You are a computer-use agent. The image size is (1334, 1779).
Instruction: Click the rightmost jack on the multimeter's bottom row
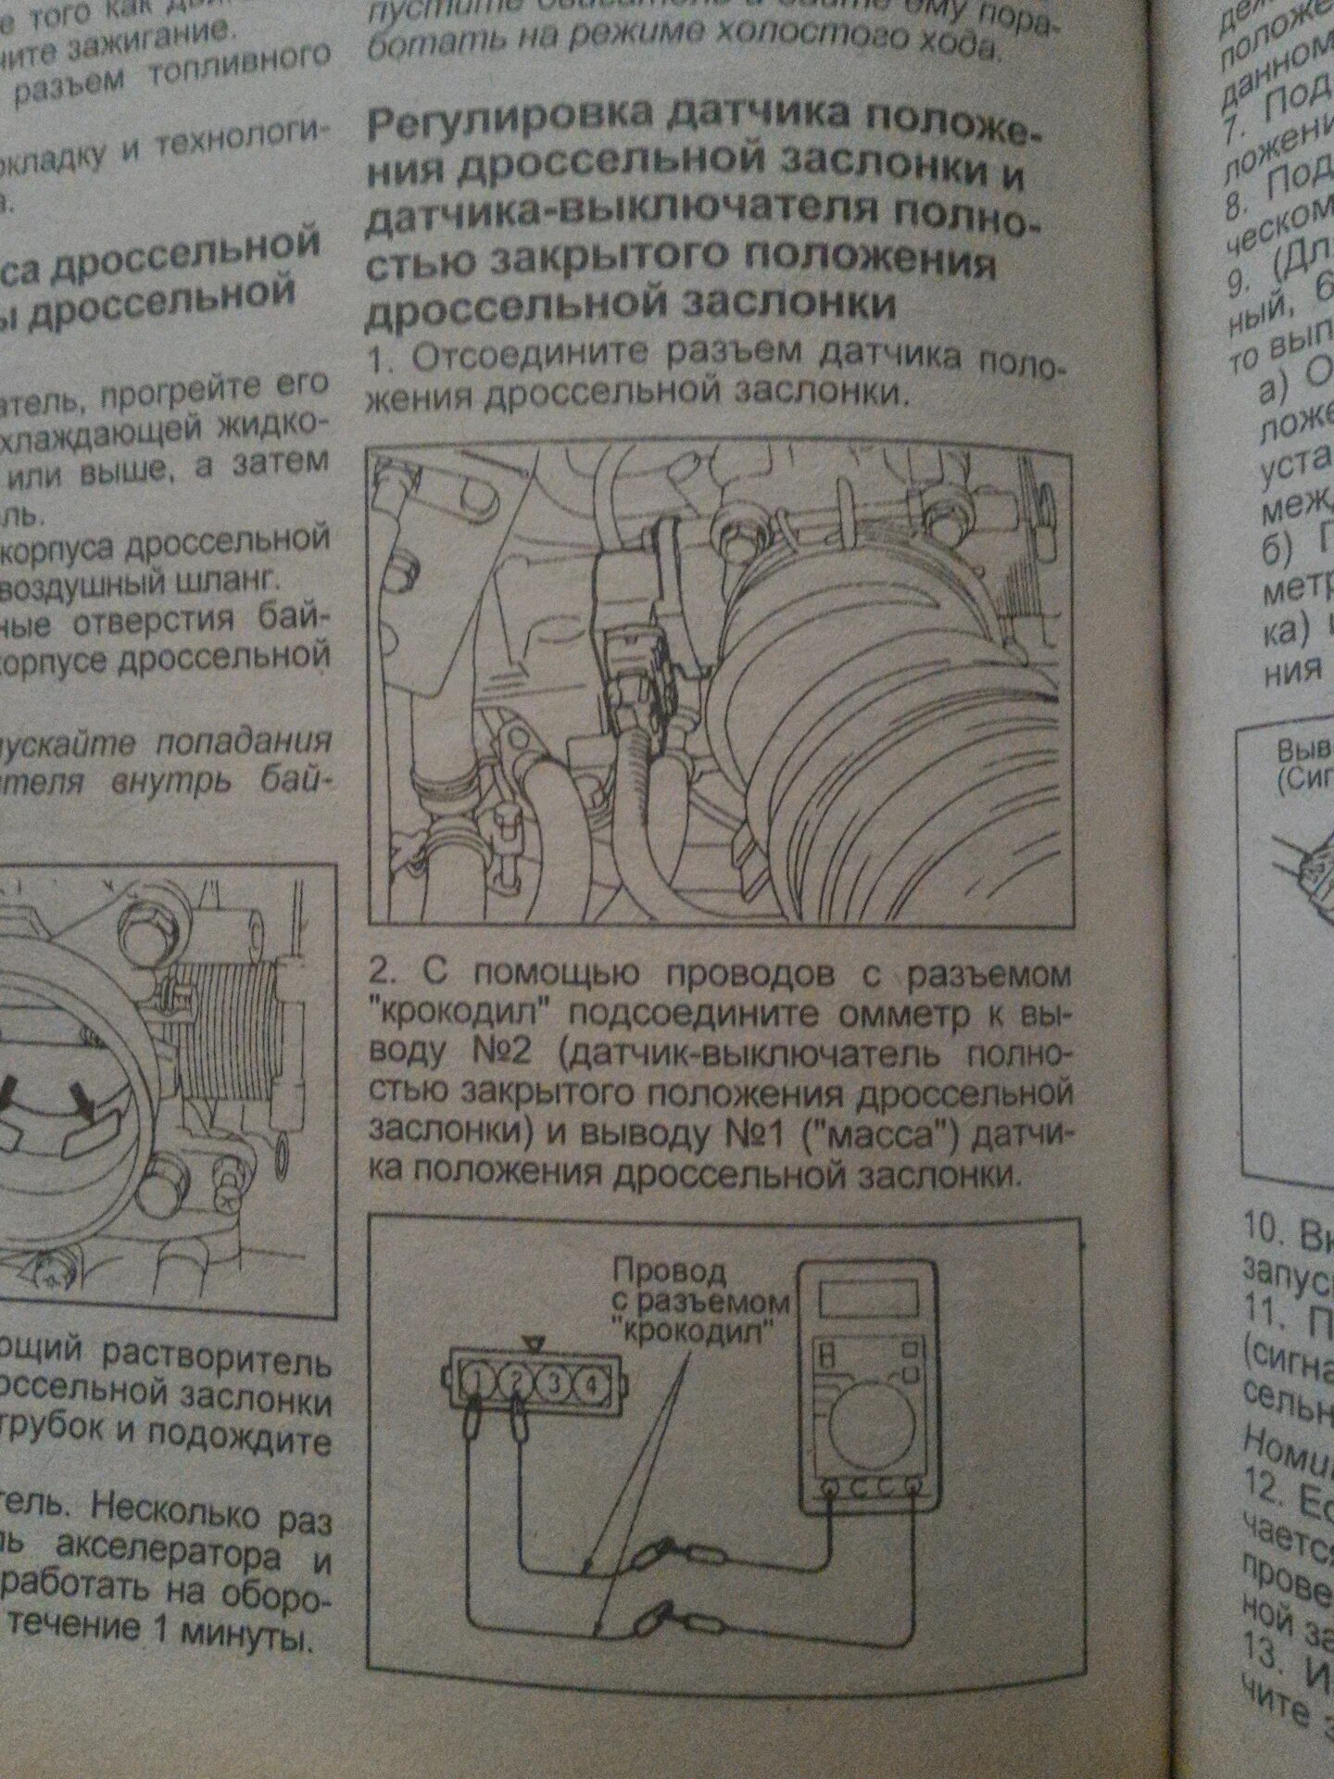click(x=913, y=1489)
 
